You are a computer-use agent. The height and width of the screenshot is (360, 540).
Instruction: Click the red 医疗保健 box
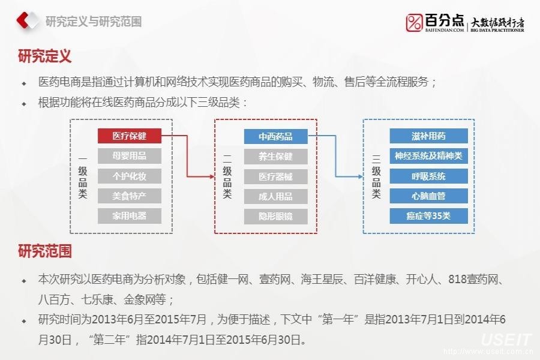tap(129, 136)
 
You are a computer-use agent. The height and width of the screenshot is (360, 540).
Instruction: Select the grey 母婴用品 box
tap(129, 156)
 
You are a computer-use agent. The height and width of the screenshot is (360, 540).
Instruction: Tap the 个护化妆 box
tap(129, 176)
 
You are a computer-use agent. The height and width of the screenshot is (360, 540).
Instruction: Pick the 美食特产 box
tap(129, 196)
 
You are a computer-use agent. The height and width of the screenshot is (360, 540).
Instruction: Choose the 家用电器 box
tap(129, 215)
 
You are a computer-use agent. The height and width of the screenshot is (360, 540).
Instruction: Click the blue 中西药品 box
tap(275, 136)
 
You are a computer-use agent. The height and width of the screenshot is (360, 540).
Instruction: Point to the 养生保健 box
tap(275, 157)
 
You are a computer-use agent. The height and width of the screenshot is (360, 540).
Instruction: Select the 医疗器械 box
tap(275, 176)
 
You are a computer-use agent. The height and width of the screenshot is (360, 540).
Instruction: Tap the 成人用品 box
tap(275, 196)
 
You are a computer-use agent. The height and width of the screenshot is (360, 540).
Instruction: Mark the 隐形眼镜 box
tap(275, 216)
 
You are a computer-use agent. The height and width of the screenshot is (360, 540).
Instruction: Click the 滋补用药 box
tap(428, 136)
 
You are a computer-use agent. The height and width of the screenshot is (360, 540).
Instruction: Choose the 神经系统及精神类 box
tap(428, 156)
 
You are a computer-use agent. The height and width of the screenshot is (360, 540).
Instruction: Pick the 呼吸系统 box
tap(428, 176)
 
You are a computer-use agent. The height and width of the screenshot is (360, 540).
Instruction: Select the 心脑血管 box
tap(428, 196)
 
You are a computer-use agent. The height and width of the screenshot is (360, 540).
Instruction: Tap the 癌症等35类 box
tap(428, 216)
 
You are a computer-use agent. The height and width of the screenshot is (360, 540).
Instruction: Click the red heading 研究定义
tap(45, 57)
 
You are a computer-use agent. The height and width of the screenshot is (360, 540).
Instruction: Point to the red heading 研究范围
tap(45, 251)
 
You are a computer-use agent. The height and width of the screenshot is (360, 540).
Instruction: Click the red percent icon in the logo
tap(414, 22)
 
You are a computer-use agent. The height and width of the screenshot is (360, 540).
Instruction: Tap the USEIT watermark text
tap(505, 340)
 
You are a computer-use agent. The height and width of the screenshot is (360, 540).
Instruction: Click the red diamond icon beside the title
tap(26, 22)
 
